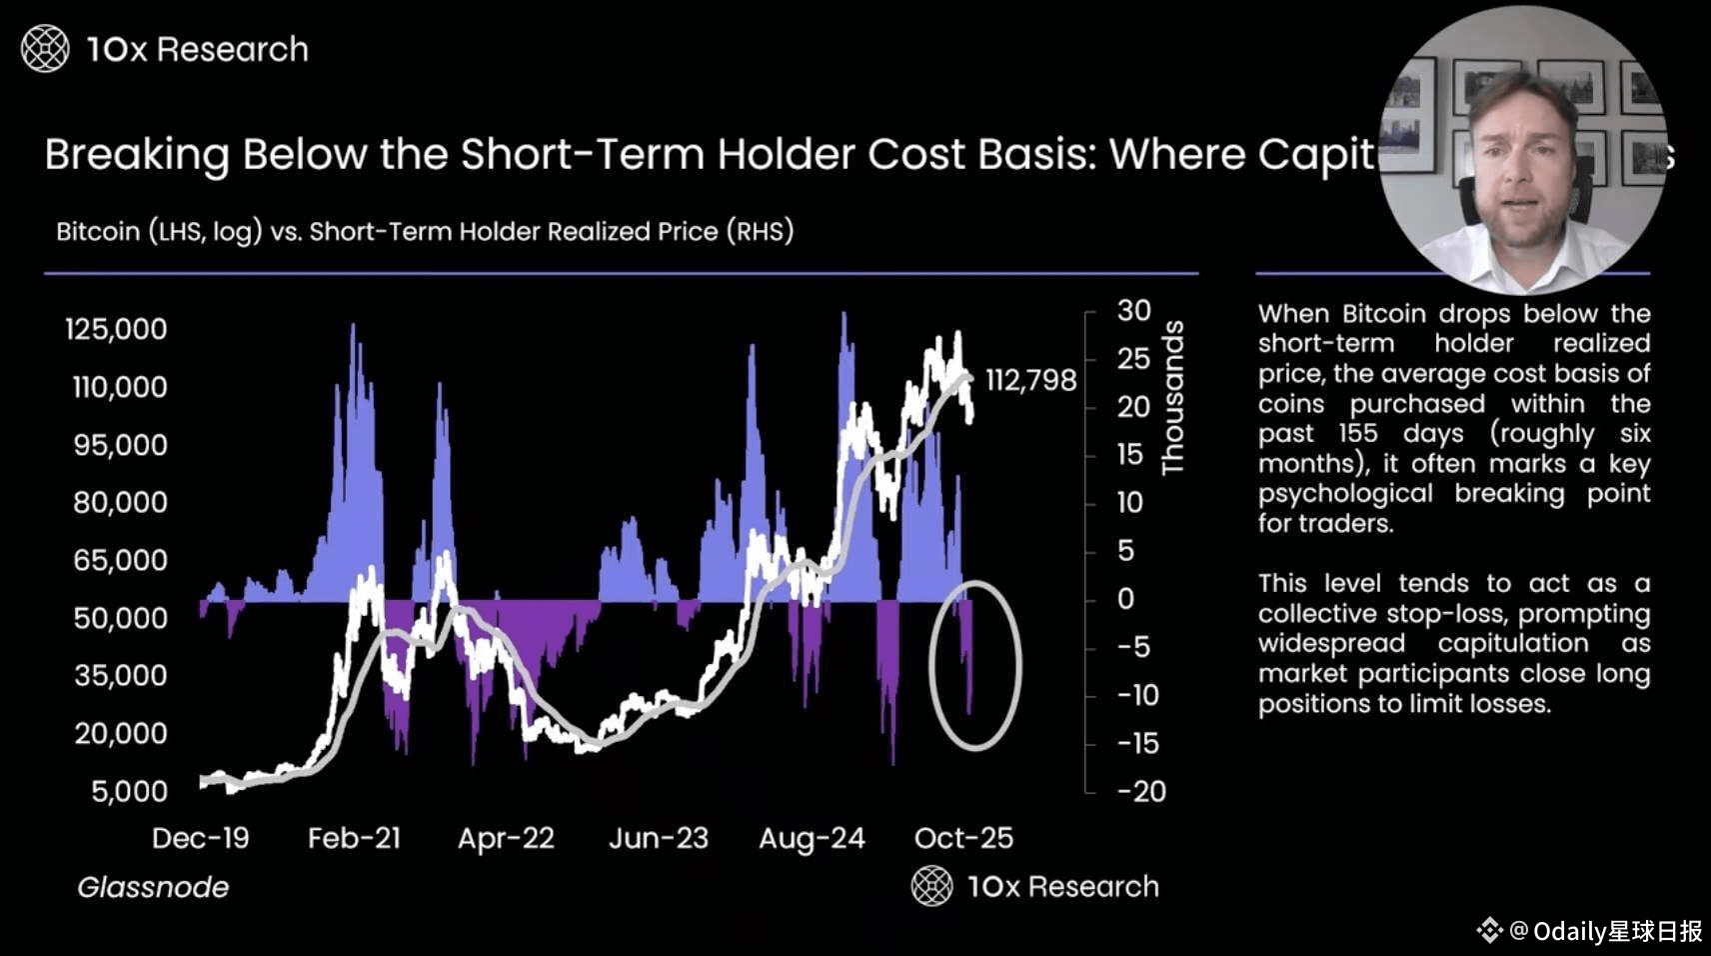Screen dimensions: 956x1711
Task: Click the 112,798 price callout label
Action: [x=1030, y=380]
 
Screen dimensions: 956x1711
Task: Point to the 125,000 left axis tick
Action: [x=116, y=329]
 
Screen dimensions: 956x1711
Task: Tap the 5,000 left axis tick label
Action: [x=129, y=791]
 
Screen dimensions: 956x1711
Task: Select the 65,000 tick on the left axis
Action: [x=120, y=560]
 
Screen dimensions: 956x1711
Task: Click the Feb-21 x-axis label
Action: [x=354, y=838]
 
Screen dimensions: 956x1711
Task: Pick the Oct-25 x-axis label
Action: [x=963, y=838]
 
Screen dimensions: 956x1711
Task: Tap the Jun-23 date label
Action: [x=659, y=838]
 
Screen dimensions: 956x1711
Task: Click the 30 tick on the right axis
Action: [x=1133, y=310]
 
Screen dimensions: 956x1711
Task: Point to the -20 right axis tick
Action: [x=1140, y=791]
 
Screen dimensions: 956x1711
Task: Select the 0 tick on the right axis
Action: [x=1126, y=599]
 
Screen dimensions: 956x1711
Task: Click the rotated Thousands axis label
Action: [x=1172, y=398]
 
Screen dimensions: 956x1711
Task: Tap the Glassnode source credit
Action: [x=153, y=887]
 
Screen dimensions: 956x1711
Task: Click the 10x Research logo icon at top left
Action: [x=45, y=49]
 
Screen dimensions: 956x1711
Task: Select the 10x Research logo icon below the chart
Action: [x=931, y=886]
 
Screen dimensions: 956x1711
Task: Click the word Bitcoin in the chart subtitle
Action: [x=98, y=232]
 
